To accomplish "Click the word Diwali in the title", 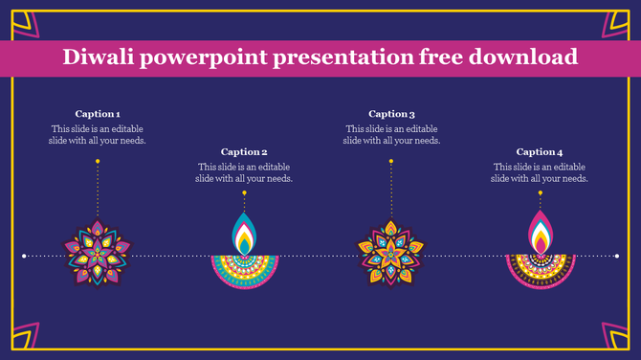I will tap(99, 57).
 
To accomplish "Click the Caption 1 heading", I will tap(98, 114).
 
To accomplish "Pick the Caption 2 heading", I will tap(244, 151).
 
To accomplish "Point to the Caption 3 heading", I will tap(391, 114).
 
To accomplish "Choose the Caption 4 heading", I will tap(540, 151).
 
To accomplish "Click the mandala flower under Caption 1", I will tap(98, 253).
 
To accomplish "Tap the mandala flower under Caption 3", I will tap(390, 253).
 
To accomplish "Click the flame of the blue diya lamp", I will tap(245, 235).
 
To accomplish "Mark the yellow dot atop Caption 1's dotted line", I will tap(98, 162).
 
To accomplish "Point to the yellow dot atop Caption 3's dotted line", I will tap(391, 162).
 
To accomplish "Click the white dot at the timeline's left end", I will tap(24, 256).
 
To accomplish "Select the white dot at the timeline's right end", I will tap(618, 256).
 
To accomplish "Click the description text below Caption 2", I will tap(244, 172).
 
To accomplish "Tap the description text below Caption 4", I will tap(540, 172).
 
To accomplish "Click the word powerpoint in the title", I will tap(204, 57).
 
